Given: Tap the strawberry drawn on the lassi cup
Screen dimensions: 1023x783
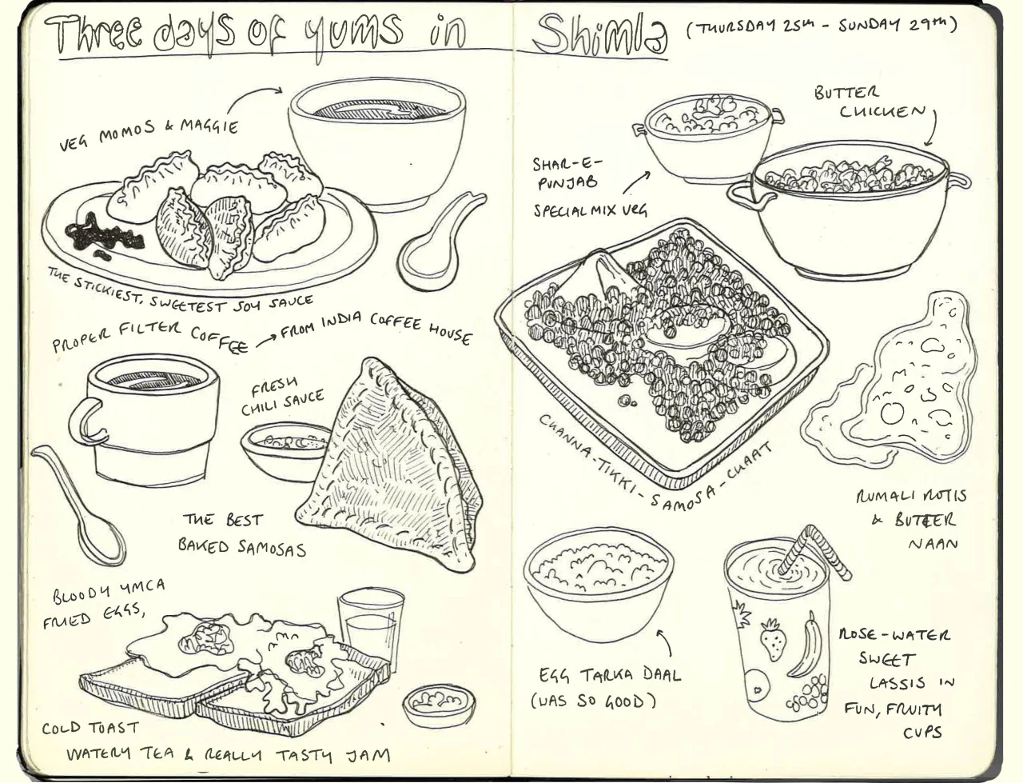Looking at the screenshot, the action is [773, 639].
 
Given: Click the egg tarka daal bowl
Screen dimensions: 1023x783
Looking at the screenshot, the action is [598, 585].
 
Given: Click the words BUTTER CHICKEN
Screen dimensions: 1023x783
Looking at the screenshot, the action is [870, 103].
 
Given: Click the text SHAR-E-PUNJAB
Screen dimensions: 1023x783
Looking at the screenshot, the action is [567, 174].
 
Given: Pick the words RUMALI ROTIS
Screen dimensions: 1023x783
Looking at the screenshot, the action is [911, 496].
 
